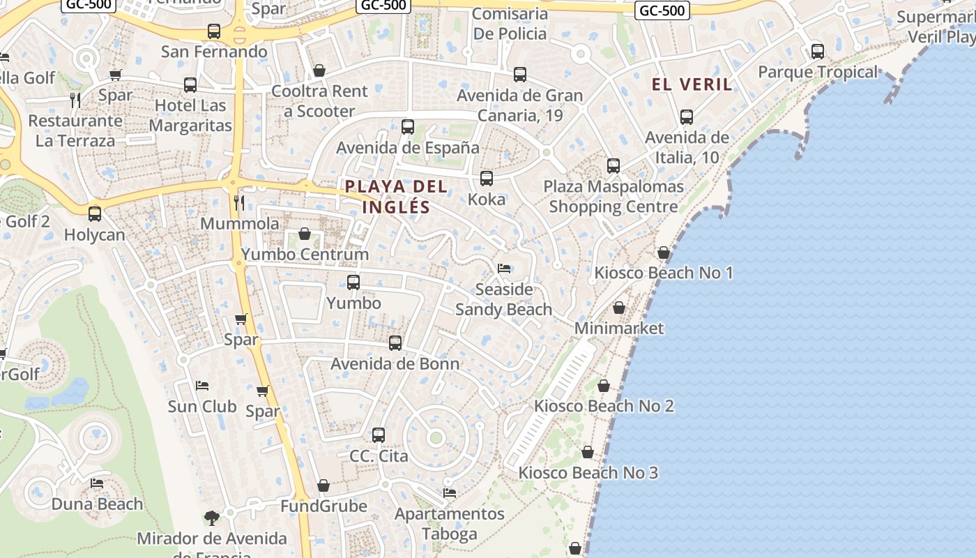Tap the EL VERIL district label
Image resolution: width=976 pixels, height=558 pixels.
click(692, 84)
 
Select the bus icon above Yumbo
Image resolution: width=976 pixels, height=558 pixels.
click(353, 282)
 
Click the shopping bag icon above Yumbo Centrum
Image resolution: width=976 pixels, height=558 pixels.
click(305, 234)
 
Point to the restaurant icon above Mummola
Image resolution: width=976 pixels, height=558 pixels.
click(239, 203)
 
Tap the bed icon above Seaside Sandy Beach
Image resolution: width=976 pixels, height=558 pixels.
click(504, 269)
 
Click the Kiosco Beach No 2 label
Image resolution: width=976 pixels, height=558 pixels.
click(604, 406)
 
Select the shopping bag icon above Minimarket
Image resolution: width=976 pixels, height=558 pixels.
click(619, 308)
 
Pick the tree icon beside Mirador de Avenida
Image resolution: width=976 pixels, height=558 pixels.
click(212, 518)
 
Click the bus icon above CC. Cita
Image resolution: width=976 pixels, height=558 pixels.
click(379, 435)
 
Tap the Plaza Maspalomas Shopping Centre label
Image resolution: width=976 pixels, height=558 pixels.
click(613, 197)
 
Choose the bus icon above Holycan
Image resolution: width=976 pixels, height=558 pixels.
click(95, 214)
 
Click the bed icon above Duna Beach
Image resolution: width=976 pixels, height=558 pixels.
click(97, 483)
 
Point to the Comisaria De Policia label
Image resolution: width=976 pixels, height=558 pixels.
click(510, 24)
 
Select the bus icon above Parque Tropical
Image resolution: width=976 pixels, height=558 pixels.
click(818, 51)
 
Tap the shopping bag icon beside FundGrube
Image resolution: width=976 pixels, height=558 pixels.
click(323, 485)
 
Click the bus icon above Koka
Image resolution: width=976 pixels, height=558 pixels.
click(487, 179)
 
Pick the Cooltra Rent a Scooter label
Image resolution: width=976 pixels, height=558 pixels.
click(319, 101)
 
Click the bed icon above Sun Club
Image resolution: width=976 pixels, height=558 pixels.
click(202, 385)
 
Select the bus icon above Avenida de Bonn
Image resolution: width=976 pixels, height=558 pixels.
click(395, 343)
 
